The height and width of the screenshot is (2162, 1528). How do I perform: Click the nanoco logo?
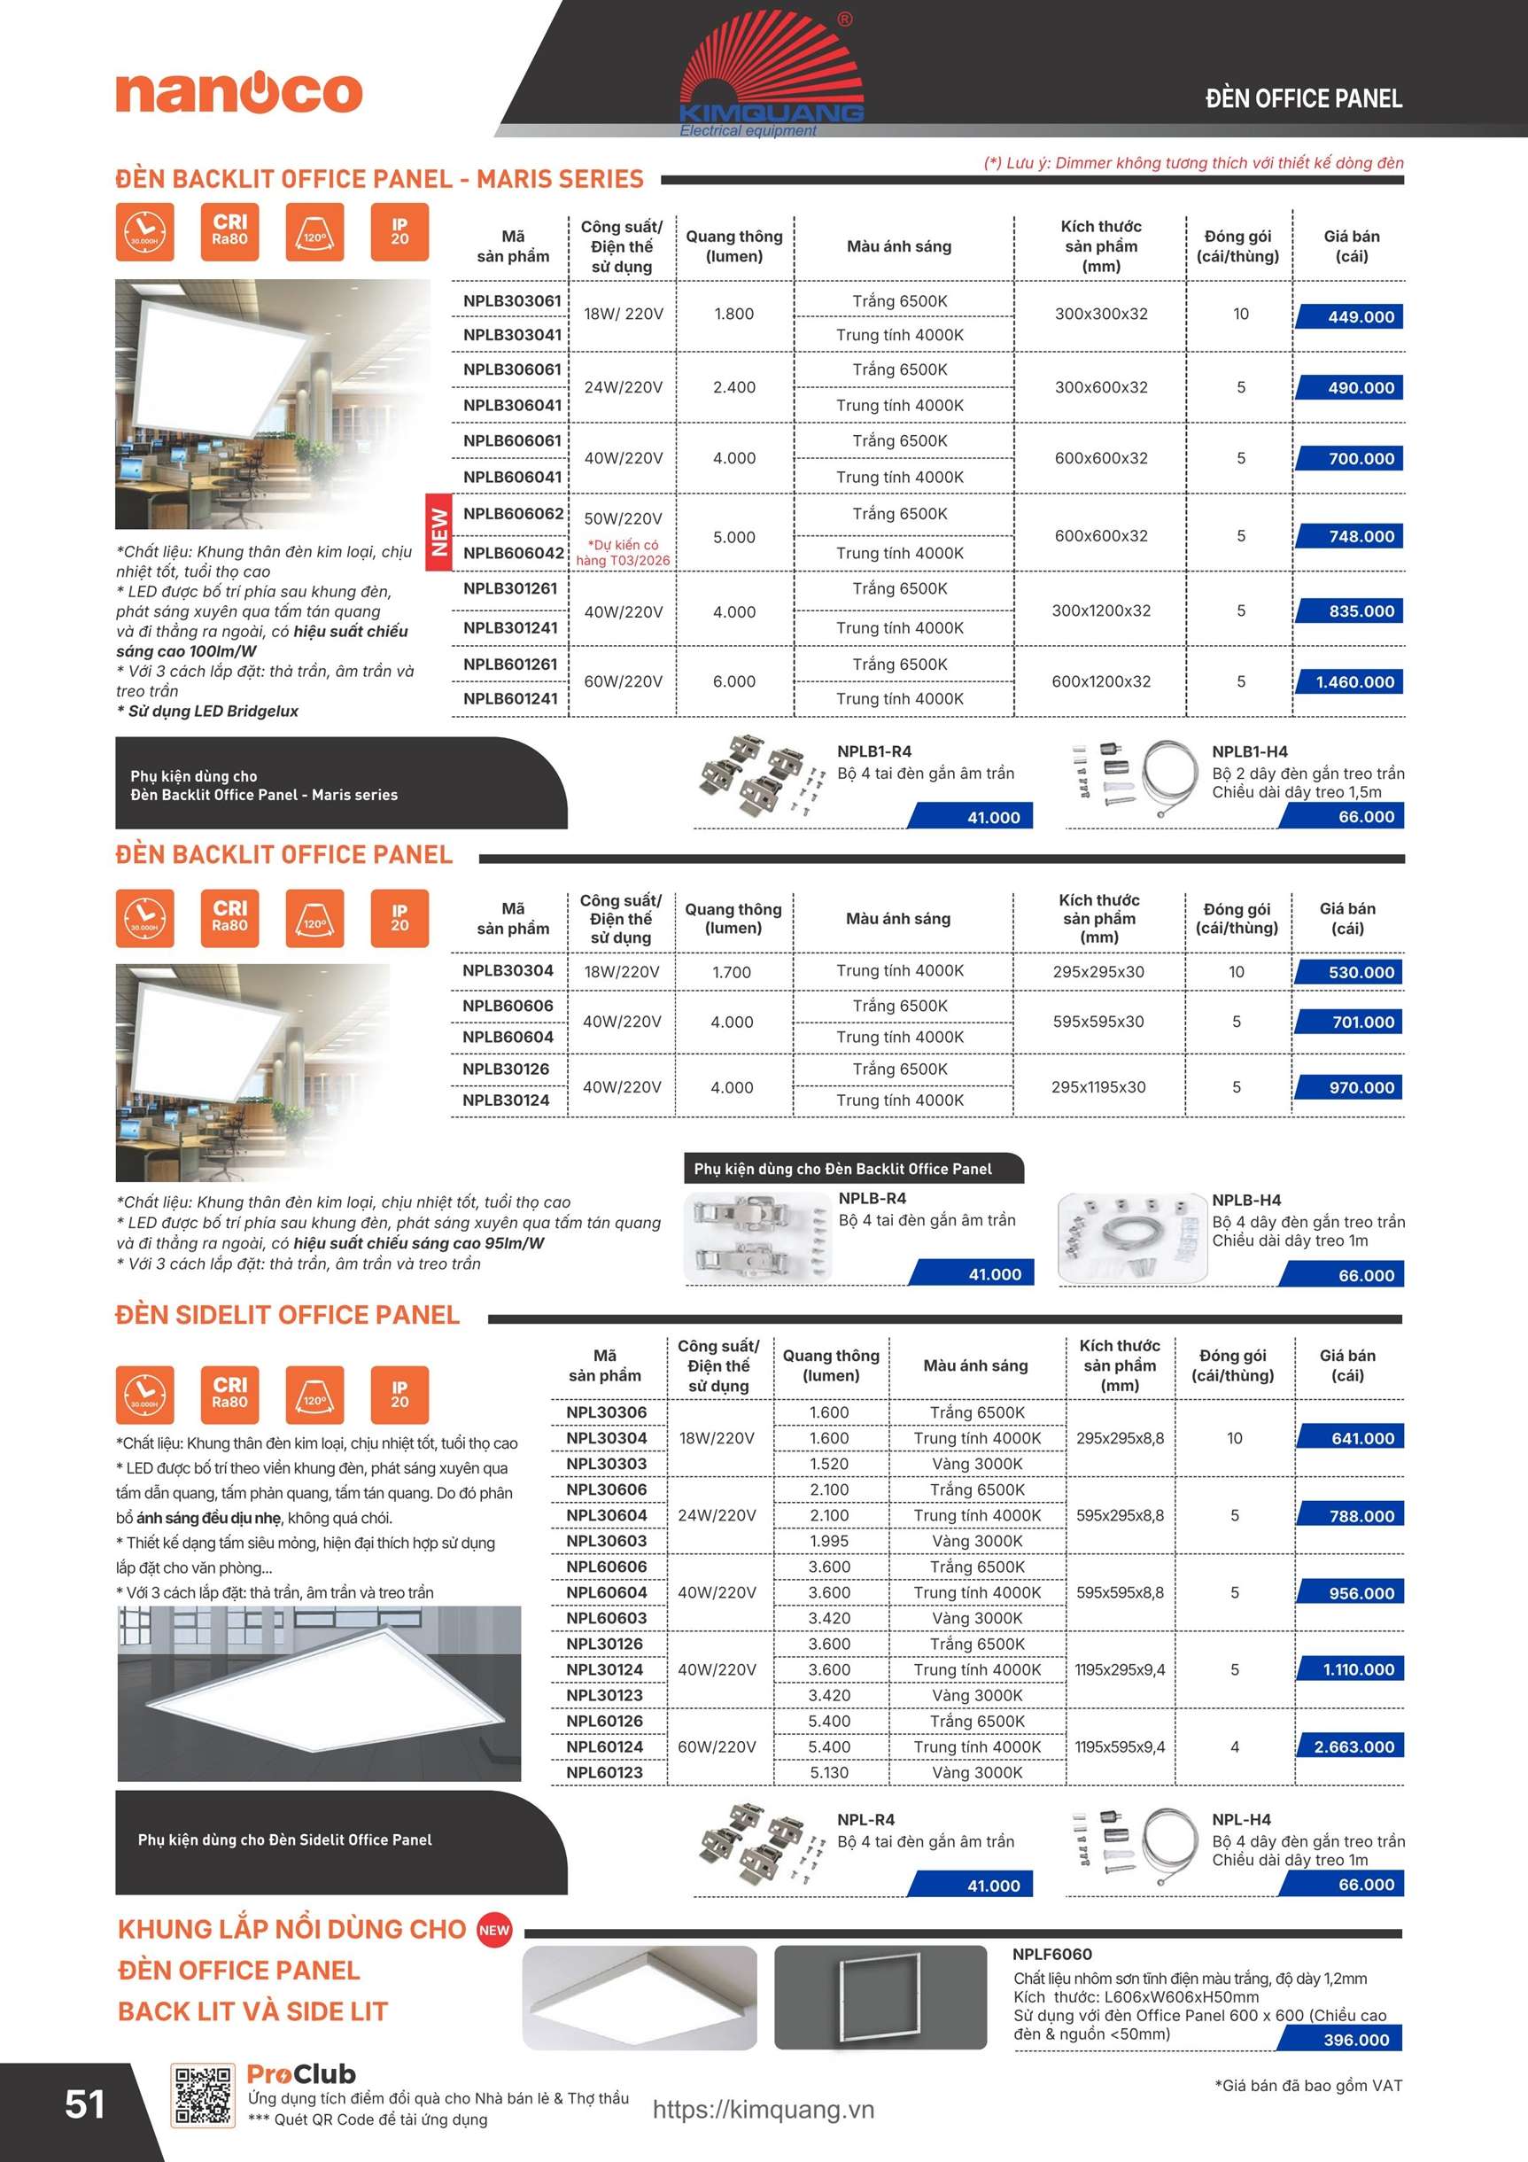point(239,93)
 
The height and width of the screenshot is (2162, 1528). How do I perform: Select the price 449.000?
point(1360,317)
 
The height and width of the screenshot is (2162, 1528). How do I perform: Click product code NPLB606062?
point(513,514)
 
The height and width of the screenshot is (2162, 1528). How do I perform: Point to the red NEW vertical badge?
point(438,532)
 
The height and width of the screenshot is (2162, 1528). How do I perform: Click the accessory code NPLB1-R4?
point(873,751)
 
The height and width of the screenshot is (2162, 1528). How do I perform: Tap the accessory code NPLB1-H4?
point(1249,751)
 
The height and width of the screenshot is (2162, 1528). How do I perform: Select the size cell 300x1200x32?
point(1100,611)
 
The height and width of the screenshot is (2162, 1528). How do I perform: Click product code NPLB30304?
point(508,971)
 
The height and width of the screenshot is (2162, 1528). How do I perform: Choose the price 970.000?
point(1361,1087)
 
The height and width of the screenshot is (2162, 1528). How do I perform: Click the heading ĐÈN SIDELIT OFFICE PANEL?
point(287,1316)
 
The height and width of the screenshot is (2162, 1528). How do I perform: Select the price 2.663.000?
point(1353,1746)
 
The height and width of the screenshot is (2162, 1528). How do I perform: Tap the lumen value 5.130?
point(828,1772)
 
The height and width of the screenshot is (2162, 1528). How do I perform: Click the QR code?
point(201,2096)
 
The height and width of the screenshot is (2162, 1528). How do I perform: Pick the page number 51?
point(85,2105)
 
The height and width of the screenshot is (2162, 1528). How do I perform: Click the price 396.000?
point(1354,2040)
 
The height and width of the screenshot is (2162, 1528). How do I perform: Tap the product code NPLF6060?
point(1051,1954)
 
